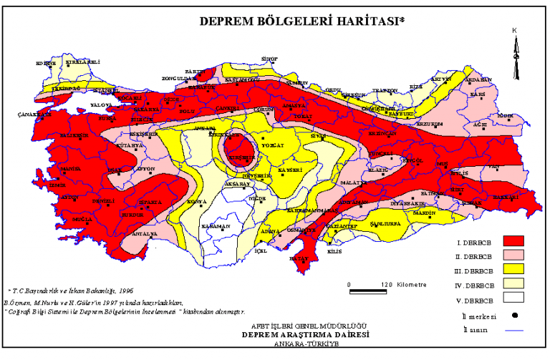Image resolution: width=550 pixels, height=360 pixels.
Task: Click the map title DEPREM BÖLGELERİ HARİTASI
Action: coord(301,21)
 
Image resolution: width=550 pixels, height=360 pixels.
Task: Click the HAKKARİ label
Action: coord(506,196)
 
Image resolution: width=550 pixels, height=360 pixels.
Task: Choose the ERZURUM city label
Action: coord(430,123)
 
